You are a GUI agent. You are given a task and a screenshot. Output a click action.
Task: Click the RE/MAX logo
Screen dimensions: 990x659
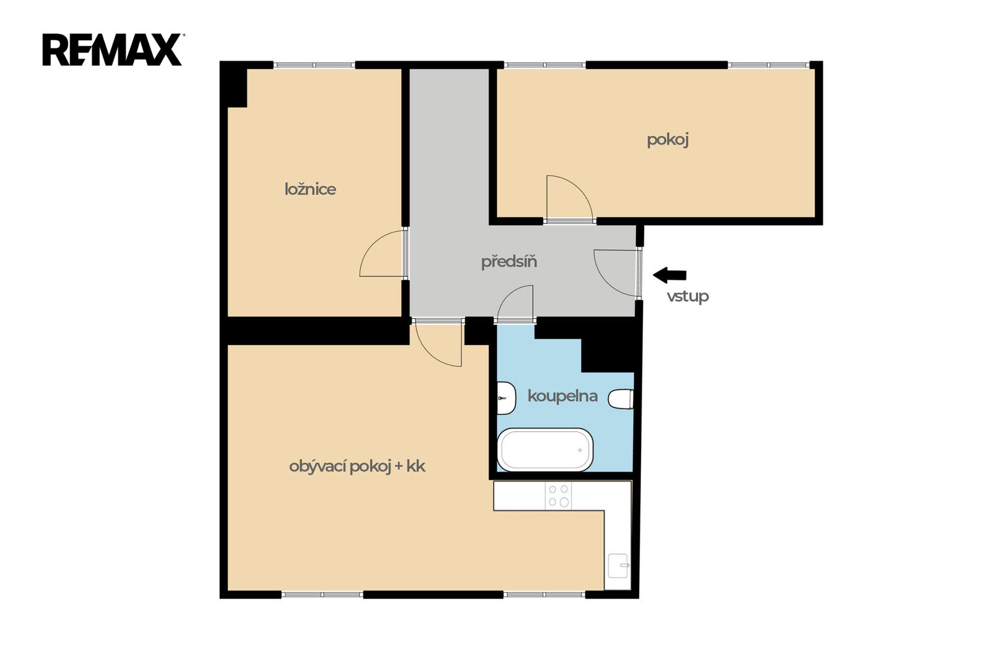pos(112,49)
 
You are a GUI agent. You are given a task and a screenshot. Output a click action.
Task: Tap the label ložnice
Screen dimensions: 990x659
pos(310,190)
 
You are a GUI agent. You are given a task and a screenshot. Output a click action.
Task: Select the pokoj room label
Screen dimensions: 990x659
pos(668,140)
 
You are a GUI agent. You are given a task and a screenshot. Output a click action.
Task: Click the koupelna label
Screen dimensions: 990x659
pos(562,396)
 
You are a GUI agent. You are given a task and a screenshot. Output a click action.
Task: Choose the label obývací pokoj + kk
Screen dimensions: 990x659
pos(357,466)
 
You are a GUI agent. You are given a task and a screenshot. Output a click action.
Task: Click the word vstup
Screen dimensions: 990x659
pos(687,296)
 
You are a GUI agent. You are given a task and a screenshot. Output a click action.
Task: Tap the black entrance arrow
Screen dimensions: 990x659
pos(669,275)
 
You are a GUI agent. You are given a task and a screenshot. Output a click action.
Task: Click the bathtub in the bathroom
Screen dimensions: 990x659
pos(545,449)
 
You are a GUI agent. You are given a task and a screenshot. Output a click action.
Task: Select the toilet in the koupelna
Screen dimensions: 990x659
pos(621,399)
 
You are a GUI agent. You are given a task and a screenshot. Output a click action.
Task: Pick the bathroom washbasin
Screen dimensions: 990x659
pos(506,398)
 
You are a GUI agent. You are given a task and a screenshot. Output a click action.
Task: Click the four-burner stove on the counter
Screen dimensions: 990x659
pos(558,496)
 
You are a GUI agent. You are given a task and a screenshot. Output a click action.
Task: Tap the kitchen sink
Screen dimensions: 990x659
pos(618,566)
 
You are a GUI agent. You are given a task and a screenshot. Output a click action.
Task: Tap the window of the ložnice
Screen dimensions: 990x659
pos(314,65)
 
